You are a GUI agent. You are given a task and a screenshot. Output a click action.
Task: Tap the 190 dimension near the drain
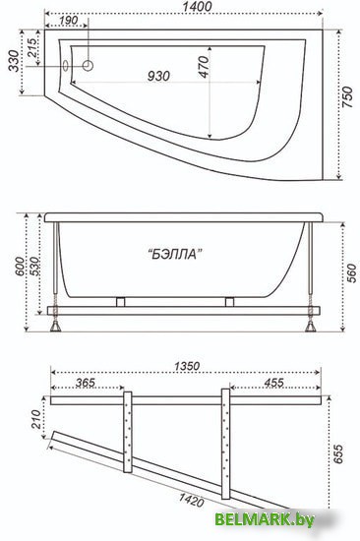[x=68, y=20]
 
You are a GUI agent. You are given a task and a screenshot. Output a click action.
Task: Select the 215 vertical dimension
[x=31, y=48]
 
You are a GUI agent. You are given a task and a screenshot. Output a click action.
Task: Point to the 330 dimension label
[x=14, y=61]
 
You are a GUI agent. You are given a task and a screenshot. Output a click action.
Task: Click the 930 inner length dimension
[x=158, y=76]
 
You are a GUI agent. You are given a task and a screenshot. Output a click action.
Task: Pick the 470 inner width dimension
[x=204, y=67]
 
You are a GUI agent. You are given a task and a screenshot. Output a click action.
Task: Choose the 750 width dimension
[x=347, y=97]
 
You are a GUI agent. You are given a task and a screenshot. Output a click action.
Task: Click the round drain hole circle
[x=89, y=65]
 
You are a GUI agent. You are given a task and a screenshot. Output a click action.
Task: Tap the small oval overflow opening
[x=65, y=66]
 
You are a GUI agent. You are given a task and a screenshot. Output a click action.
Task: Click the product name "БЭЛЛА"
[x=177, y=255]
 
